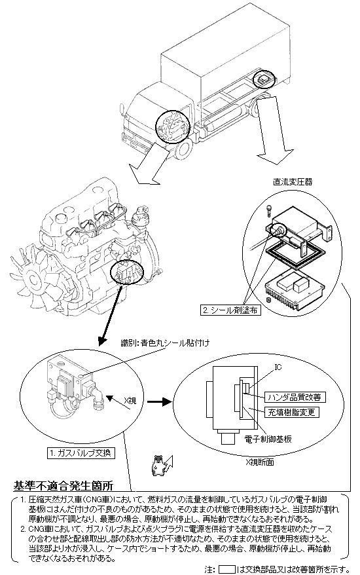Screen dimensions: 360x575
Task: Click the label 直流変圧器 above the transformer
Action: [x=293, y=181]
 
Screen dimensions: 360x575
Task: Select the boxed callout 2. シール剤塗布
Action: [x=231, y=310]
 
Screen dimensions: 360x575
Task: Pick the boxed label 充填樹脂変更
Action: [x=291, y=412]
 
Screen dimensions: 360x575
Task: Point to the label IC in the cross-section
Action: [x=278, y=367]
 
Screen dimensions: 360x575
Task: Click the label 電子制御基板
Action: [x=268, y=439]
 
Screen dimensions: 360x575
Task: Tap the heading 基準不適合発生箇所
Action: [x=63, y=486]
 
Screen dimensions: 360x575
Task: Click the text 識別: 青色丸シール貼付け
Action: [x=166, y=343]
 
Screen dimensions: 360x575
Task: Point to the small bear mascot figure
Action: [x=158, y=466]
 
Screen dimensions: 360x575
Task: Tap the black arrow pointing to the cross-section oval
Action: [x=160, y=402]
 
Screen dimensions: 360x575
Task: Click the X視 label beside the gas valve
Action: [x=130, y=400]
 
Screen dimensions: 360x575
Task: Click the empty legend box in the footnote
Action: [x=227, y=570]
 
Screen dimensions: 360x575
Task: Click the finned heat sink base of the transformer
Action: [x=295, y=290]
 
